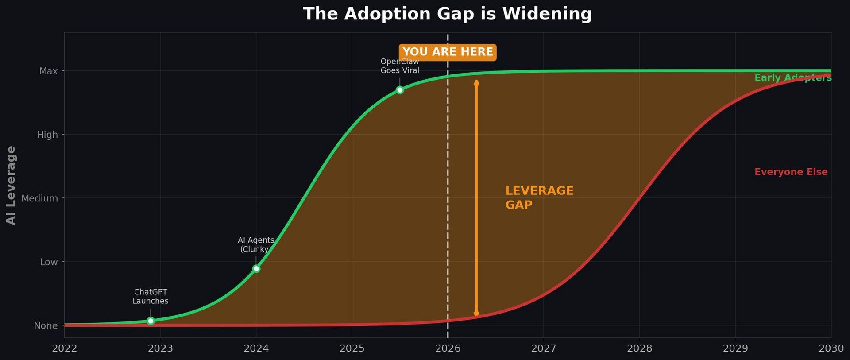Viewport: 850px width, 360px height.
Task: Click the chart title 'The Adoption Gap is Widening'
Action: click(x=447, y=14)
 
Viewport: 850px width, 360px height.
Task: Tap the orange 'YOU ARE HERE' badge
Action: click(x=448, y=52)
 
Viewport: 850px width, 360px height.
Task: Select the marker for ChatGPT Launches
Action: click(x=151, y=321)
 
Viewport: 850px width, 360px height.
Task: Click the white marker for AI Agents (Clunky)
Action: click(x=256, y=269)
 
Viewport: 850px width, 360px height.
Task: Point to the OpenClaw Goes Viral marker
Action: click(x=400, y=90)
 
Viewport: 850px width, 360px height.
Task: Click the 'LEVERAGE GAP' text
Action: click(x=539, y=197)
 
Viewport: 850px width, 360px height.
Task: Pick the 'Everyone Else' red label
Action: click(x=791, y=172)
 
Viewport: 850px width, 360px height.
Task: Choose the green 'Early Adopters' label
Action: click(x=792, y=78)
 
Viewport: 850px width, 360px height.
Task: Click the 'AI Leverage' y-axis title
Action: click(x=11, y=185)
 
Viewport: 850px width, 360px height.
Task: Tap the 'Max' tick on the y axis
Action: click(x=48, y=71)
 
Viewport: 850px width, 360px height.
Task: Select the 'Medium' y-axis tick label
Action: click(x=39, y=198)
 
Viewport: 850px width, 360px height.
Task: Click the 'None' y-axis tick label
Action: click(x=46, y=326)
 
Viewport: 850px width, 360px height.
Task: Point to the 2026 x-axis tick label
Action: click(x=448, y=348)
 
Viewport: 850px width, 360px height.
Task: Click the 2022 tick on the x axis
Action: click(x=65, y=348)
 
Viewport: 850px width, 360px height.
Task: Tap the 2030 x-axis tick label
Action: click(x=831, y=348)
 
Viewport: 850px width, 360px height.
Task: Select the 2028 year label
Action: click(x=639, y=348)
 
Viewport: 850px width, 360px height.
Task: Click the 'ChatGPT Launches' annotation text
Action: click(x=151, y=297)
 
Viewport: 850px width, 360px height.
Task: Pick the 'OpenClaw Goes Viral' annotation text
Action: click(x=400, y=66)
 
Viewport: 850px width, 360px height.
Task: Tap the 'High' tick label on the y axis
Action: click(x=47, y=135)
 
